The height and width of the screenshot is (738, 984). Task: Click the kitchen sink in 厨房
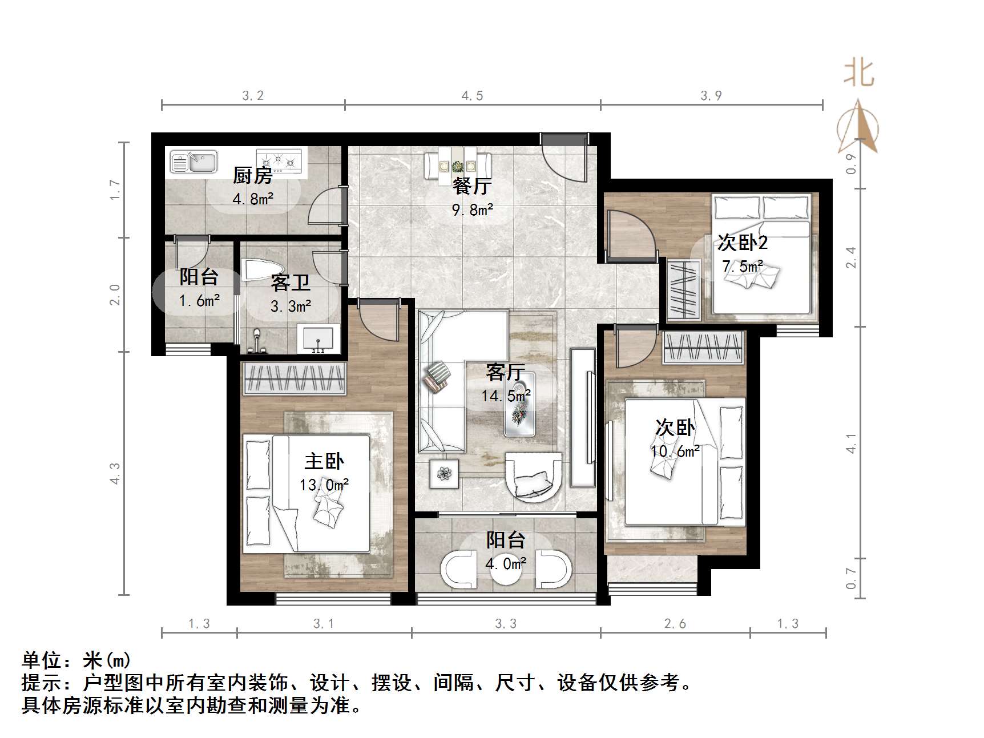(193, 162)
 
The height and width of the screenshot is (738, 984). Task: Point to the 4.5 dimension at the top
(472, 96)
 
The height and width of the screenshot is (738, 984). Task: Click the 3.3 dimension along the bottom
(506, 624)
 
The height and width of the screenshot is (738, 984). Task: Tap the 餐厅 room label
(471, 186)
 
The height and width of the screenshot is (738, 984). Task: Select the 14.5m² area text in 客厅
(506, 395)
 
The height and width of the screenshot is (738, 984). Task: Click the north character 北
(858, 74)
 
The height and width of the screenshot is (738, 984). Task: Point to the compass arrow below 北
(858, 128)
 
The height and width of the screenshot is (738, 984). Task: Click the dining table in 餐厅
(457, 166)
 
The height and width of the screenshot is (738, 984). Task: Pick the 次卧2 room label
(742, 243)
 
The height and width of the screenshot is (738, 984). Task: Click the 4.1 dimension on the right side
(851, 443)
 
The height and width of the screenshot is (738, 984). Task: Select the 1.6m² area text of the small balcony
(199, 301)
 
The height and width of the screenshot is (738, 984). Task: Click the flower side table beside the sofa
(444, 474)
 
